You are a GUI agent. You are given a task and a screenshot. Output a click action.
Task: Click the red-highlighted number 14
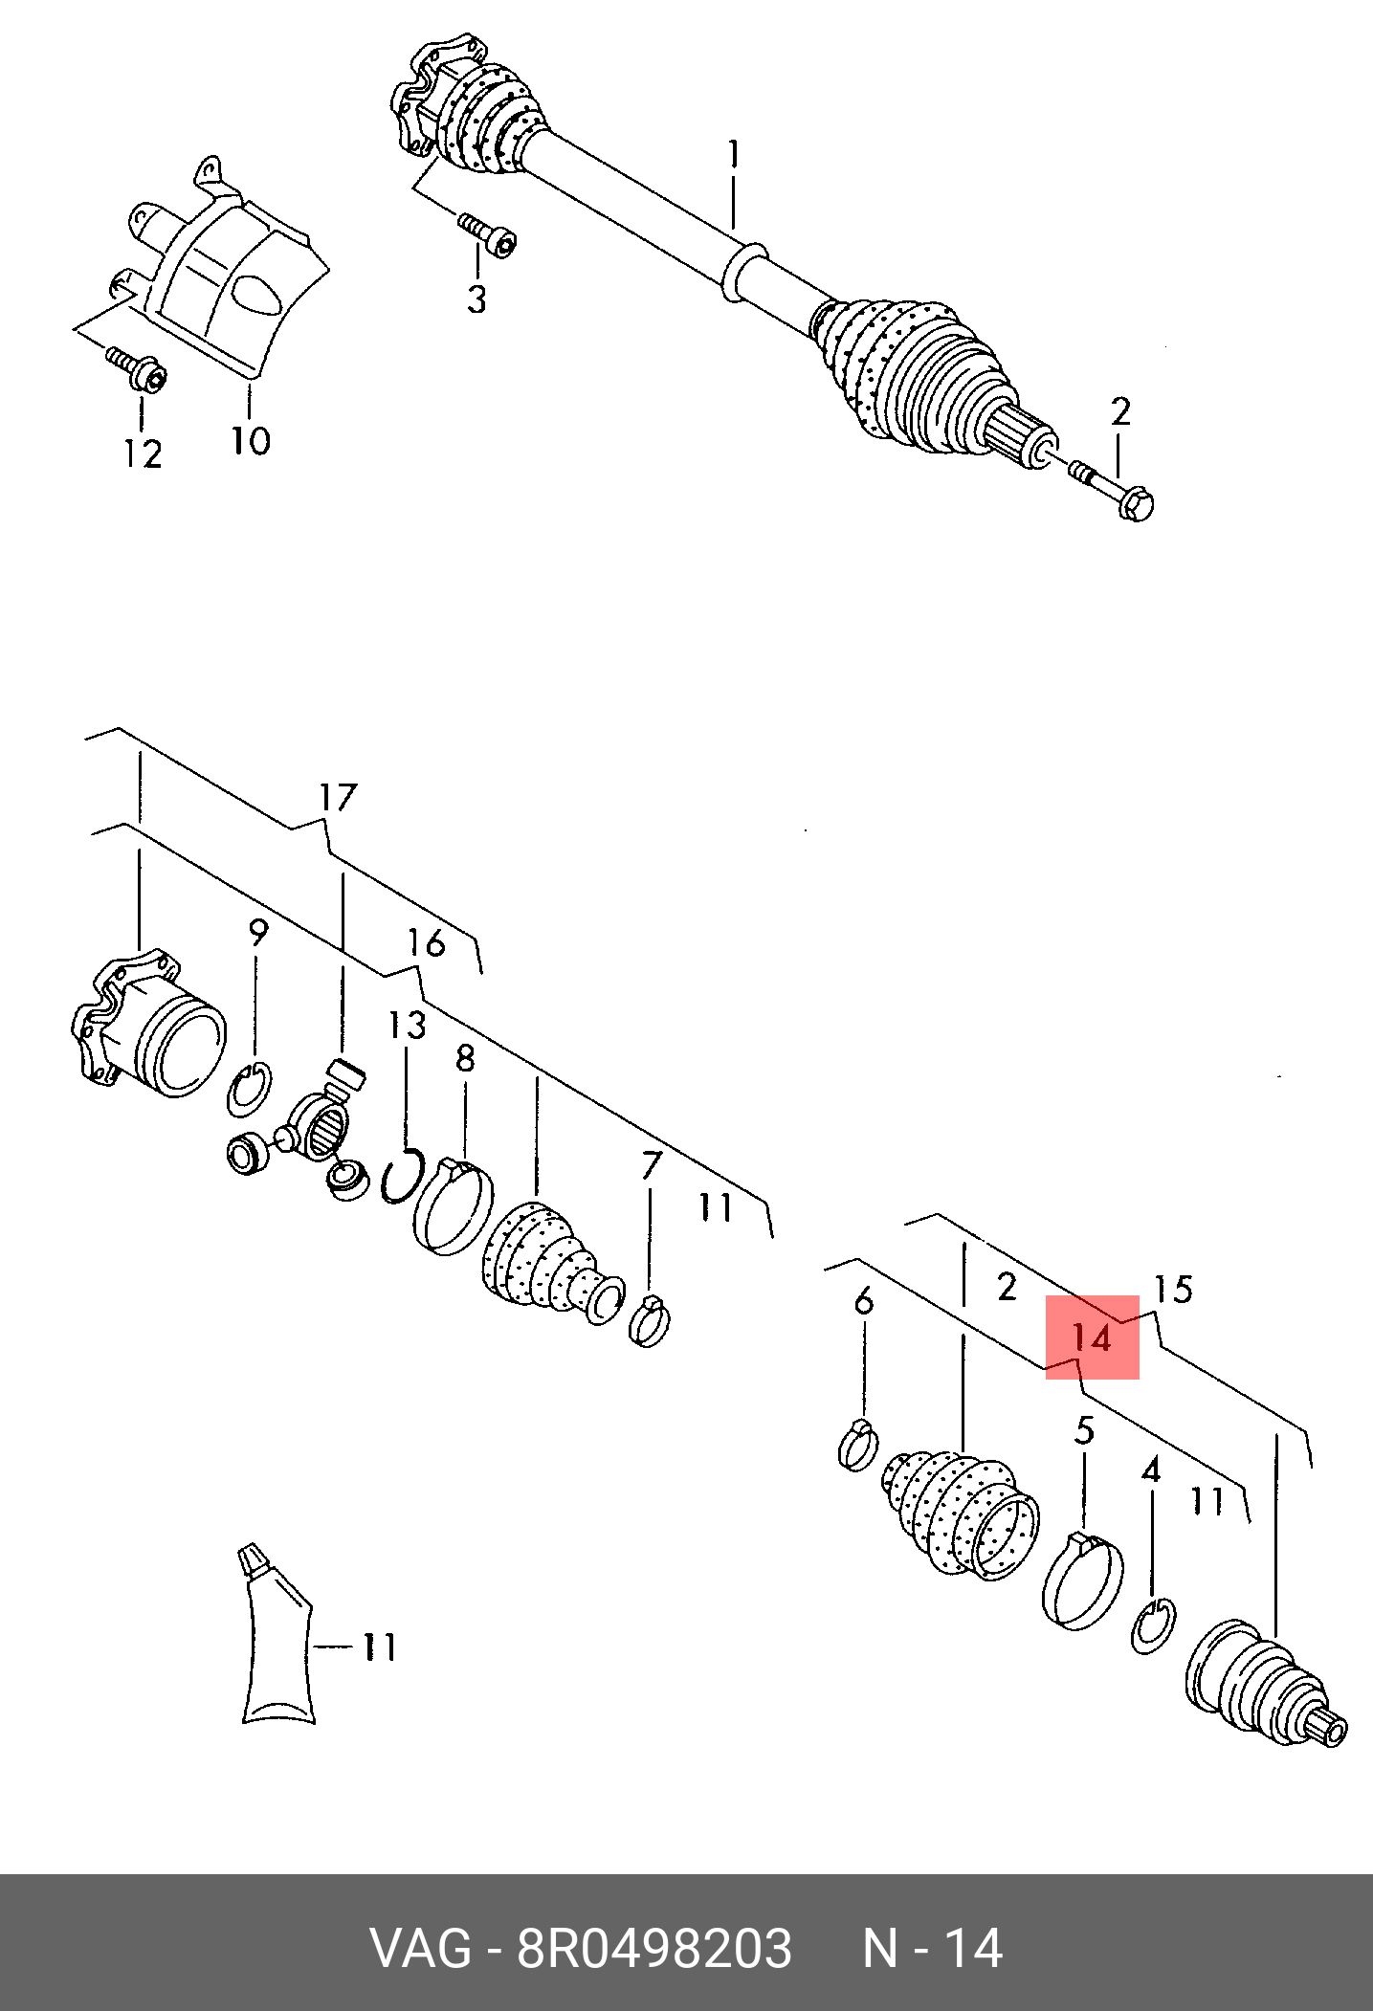pyautogui.click(x=1092, y=1337)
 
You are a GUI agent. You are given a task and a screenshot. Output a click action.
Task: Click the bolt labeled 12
pyautogui.click(x=138, y=369)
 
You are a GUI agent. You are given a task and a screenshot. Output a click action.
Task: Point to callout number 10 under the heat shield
pyautogui.click(x=251, y=440)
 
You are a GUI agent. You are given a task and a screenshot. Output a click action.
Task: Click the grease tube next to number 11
pyautogui.click(x=277, y=1646)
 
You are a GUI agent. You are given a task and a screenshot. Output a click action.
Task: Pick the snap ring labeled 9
pyautogui.click(x=251, y=1090)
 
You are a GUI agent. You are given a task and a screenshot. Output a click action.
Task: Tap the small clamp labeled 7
pyautogui.click(x=652, y=1318)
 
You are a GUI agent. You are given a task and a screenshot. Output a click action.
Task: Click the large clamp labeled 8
pyautogui.click(x=454, y=1204)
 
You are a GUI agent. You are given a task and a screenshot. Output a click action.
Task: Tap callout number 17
pyautogui.click(x=338, y=797)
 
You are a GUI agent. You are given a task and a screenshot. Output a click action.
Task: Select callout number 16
pyautogui.click(x=427, y=944)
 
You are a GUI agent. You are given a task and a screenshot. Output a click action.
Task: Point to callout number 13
pyautogui.click(x=407, y=1027)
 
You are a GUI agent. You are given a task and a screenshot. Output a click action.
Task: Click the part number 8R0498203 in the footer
pyautogui.click(x=654, y=1948)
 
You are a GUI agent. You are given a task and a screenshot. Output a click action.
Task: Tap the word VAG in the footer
pyautogui.click(x=420, y=1948)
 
